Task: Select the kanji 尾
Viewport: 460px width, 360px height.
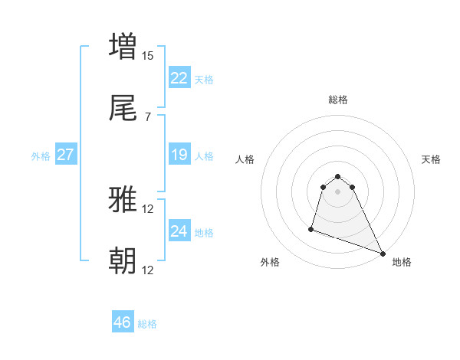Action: pyautogui.click(x=123, y=110)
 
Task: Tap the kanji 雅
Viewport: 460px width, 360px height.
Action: pyautogui.click(x=123, y=200)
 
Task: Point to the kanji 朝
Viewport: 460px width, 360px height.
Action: pyautogui.click(x=123, y=261)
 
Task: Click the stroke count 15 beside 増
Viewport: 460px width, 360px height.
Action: pyautogui.click(x=148, y=56)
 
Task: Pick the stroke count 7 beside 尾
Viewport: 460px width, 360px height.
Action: pyautogui.click(x=148, y=117)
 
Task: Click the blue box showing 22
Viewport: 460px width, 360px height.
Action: pyautogui.click(x=179, y=78)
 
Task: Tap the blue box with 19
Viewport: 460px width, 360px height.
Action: pyautogui.click(x=179, y=155)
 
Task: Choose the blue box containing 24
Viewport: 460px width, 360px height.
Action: pyautogui.click(x=179, y=231)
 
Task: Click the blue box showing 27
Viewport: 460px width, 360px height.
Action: pyautogui.click(x=66, y=155)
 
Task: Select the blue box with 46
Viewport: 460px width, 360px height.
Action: pyautogui.click(x=123, y=322)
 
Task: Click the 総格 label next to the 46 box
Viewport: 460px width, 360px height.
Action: pyautogui.click(x=147, y=324)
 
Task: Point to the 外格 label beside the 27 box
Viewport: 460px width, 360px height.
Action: pyautogui.click(x=41, y=156)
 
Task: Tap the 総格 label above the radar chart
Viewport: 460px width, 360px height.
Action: pyautogui.click(x=338, y=100)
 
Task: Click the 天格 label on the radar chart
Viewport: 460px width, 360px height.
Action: pyautogui.click(x=432, y=159)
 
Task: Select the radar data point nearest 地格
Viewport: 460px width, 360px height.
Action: pyautogui.click(x=383, y=253)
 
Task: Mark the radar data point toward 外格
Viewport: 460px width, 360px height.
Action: pyautogui.click(x=312, y=228)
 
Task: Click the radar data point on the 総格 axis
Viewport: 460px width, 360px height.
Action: pyautogui.click(x=338, y=174)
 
